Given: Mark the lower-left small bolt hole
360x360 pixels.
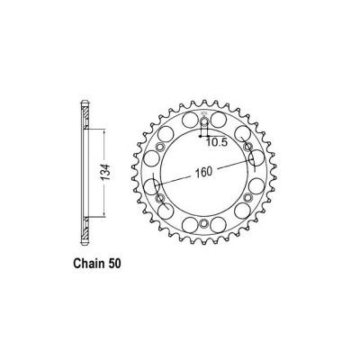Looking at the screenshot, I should (160, 199).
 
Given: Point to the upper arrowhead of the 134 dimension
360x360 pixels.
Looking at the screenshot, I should (106, 128).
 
